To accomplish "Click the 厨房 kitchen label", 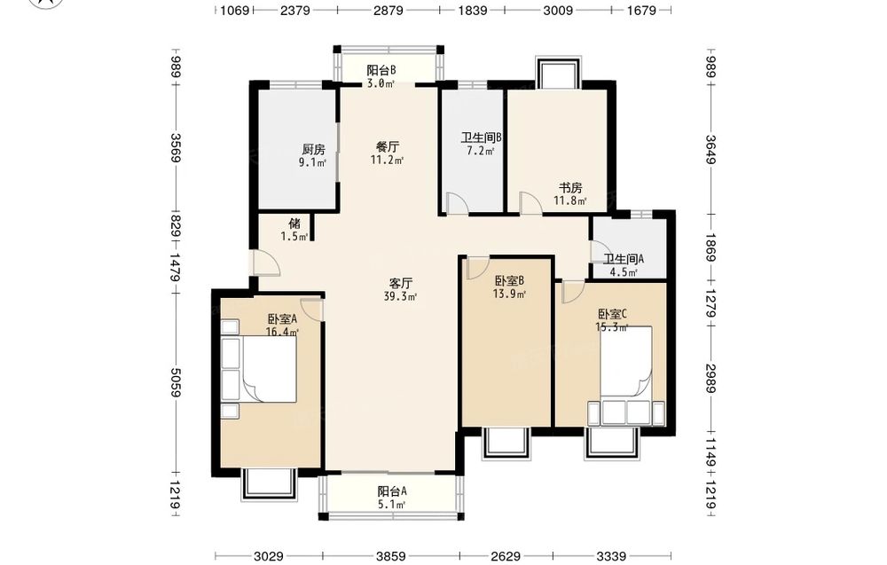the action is click(x=313, y=150).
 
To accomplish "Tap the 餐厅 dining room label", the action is click(x=388, y=147).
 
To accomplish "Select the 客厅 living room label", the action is click(x=401, y=283).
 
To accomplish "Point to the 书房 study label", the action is click(x=570, y=187).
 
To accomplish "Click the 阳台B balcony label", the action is click(x=381, y=71).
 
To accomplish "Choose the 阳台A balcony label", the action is click(x=392, y=491).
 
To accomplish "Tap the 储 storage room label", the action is click(x=294, y=224).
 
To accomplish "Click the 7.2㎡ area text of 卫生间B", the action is click(x=481, y=151).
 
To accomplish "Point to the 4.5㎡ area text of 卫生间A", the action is click(x=624, y=272).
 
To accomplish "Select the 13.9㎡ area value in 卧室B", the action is click(x=510, y=294).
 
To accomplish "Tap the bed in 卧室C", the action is click(x=625, y=363).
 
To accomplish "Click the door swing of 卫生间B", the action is click(x=456, y=203).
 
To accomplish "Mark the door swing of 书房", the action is click(x=530, y=203).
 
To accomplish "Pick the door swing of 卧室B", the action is click(x=478, y=268).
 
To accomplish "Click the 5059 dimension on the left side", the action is click(x=176, y=382).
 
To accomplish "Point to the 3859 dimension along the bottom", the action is click(x=391, y=557).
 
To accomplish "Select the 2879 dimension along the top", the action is click(x=389, y=10).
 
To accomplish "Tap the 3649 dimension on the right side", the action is click(x=711, y=149).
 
